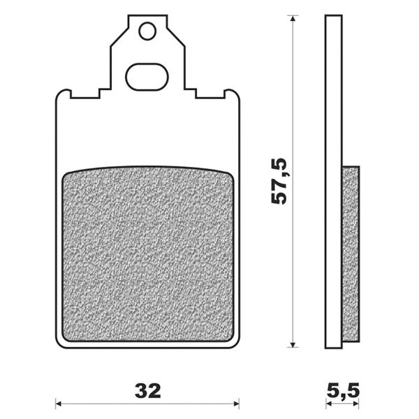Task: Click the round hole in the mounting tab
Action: [147, 31]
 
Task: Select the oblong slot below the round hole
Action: [147, 76]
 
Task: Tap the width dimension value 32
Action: [147, 388]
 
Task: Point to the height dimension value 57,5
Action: [280, 181]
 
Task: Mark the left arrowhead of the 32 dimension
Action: [59, 403]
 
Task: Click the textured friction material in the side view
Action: [352, 251]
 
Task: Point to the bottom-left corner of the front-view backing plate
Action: [57, 344]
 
